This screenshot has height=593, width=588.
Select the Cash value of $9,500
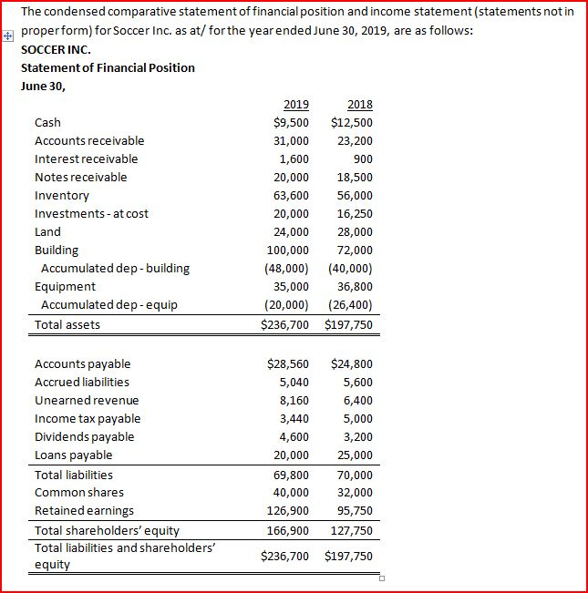coord(291,123)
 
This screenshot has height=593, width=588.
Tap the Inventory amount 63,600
coord(291,196)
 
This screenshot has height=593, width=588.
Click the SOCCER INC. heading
coord(56,50)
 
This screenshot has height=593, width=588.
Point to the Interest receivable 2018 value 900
coord(362,159)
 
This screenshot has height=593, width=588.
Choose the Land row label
coord(47,232)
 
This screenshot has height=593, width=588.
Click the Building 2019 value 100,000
coord(287,250)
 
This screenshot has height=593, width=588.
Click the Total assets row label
coord(67,325)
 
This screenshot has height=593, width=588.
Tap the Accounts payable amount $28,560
coord(287,364)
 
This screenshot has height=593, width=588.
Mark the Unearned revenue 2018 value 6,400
coord(356,401)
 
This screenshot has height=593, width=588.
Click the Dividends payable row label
coord(84,437)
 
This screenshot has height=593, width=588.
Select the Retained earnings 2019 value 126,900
coord(287,511)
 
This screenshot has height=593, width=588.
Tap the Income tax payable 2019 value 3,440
coord(291,419)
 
